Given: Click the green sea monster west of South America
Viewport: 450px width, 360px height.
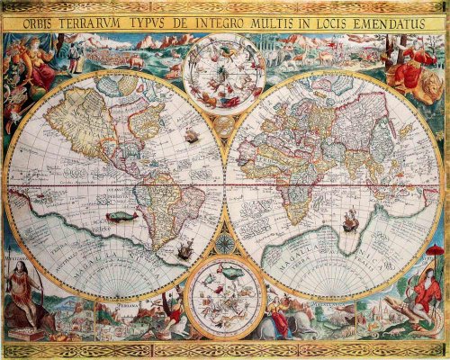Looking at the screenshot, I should [119, 216].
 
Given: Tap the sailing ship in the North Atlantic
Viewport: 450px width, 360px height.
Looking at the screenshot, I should [190, 137].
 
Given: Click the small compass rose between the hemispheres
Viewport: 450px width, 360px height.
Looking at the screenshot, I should [225, 242].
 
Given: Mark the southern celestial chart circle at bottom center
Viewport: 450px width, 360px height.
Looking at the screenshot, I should [224, 294].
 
